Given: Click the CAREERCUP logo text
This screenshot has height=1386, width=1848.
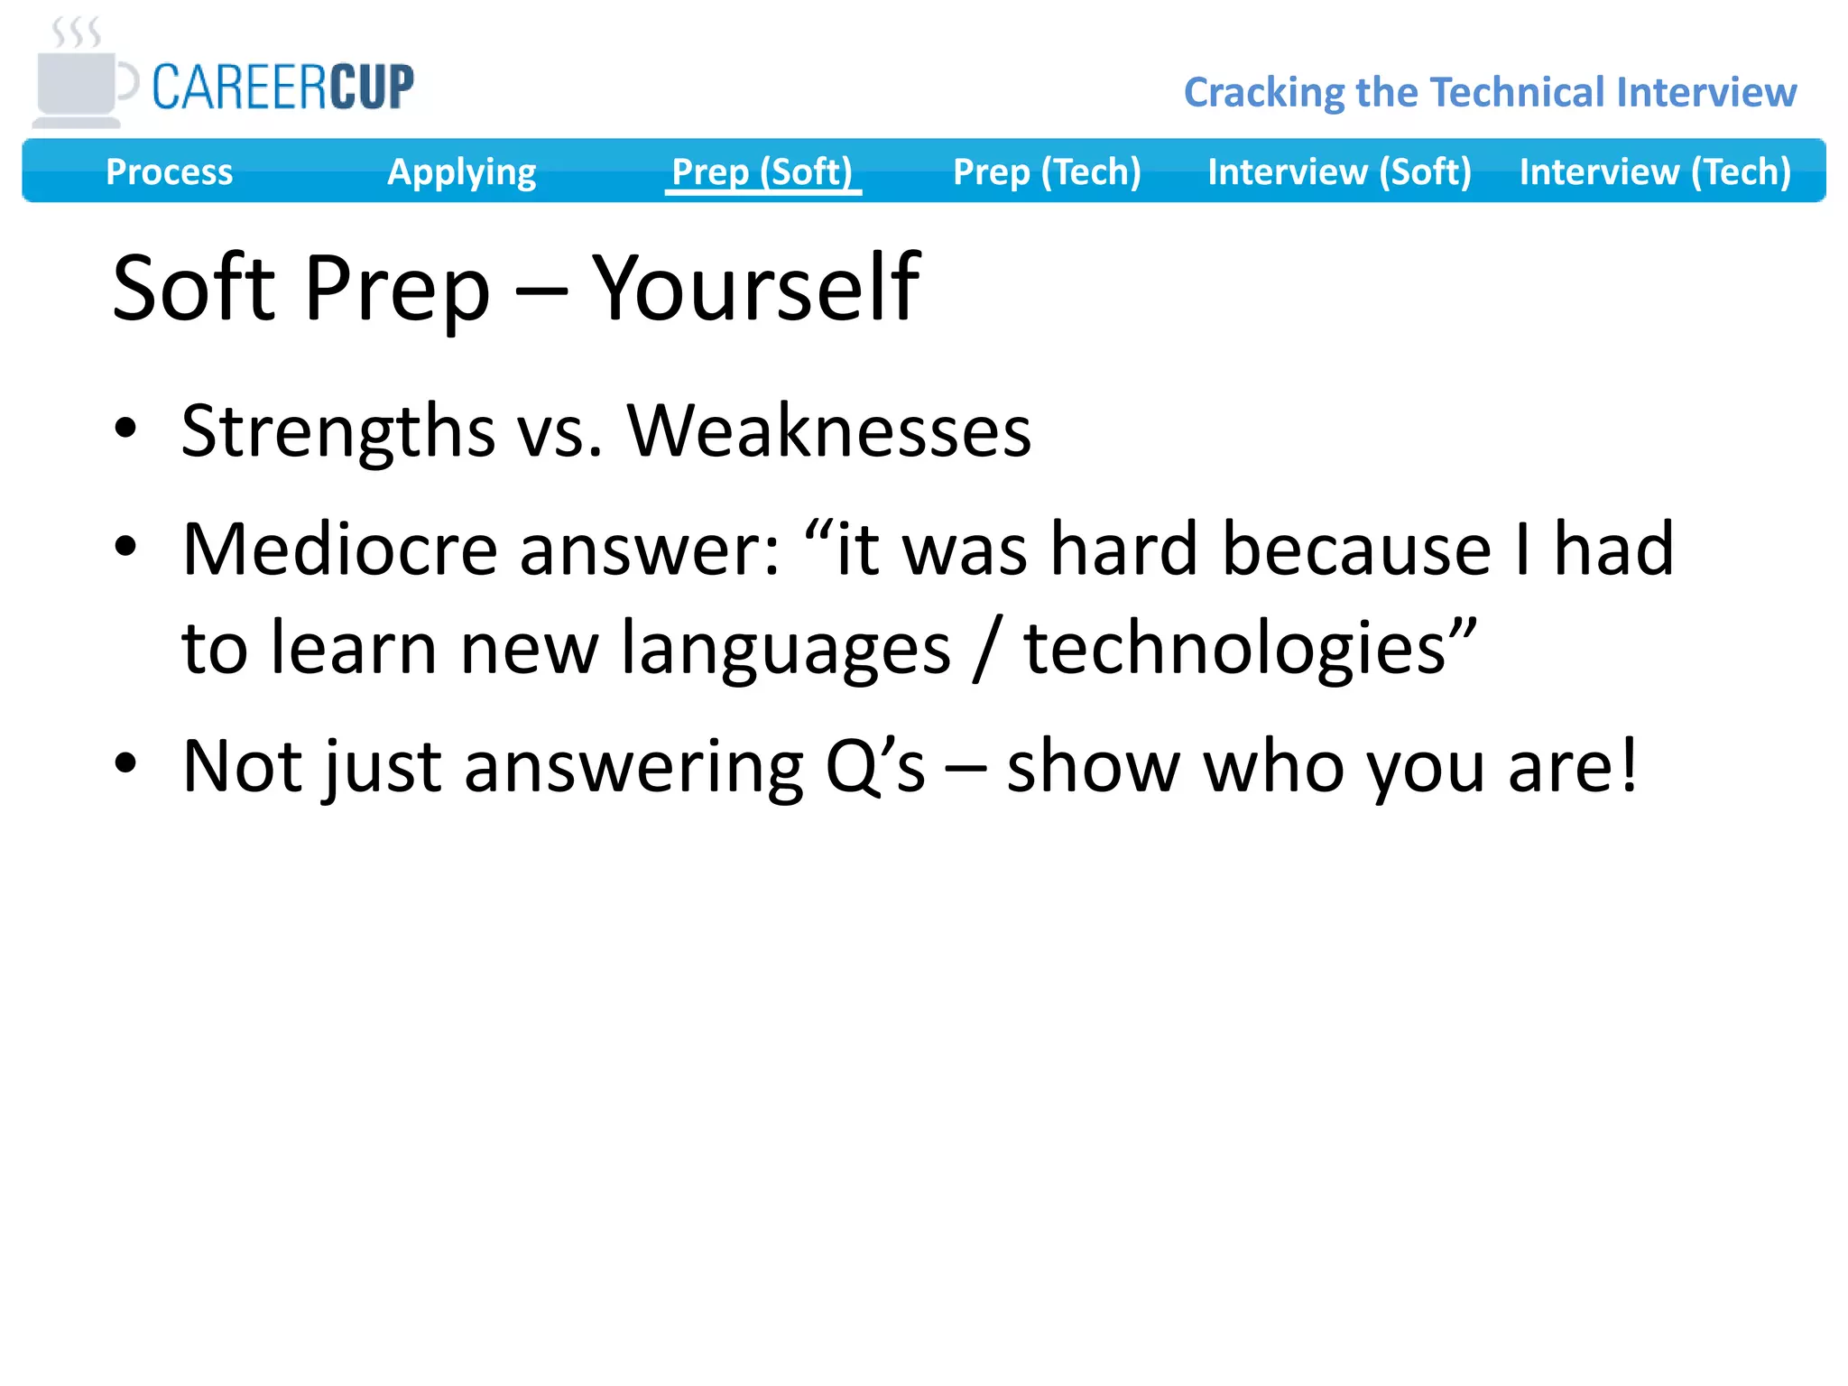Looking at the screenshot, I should (282, 88).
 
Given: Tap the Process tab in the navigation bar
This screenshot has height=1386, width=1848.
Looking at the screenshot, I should (169, 171).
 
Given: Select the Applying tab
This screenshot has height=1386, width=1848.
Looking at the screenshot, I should (461, 171).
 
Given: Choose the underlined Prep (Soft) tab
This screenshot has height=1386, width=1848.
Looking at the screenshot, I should (762, 171).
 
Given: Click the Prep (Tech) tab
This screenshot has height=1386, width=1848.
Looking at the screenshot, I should (1047, 171).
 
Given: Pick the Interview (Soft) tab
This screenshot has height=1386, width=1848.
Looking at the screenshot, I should (1339, 171).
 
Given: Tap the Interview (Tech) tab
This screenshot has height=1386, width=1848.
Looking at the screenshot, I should (1655, 171).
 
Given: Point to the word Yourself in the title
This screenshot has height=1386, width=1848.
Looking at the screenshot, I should (755, 289).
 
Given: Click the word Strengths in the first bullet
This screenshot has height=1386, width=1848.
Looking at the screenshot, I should (337, 431).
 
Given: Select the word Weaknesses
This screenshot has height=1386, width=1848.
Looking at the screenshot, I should (828, 431).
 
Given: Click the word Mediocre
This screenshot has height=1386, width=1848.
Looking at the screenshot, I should (339, 550).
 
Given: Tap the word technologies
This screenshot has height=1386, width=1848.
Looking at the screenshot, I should (1235, 649).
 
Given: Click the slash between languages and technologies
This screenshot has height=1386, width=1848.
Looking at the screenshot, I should (986, 649).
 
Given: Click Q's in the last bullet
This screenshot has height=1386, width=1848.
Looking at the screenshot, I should (874, 767).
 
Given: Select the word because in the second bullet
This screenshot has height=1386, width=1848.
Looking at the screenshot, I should (1355, 550).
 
